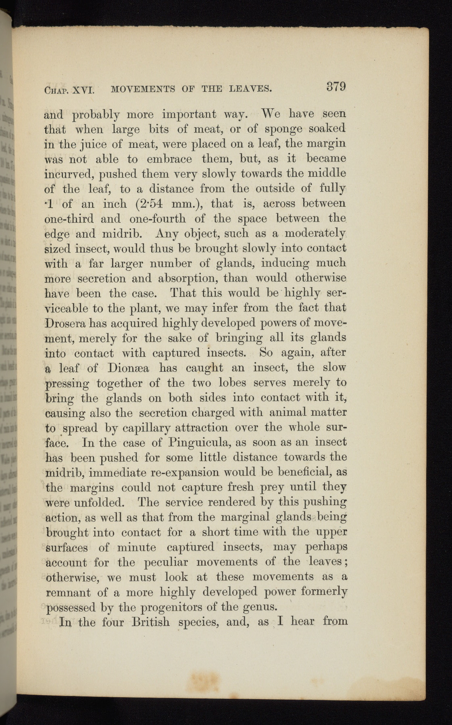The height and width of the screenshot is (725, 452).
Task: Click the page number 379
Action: (x=335, y=87)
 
